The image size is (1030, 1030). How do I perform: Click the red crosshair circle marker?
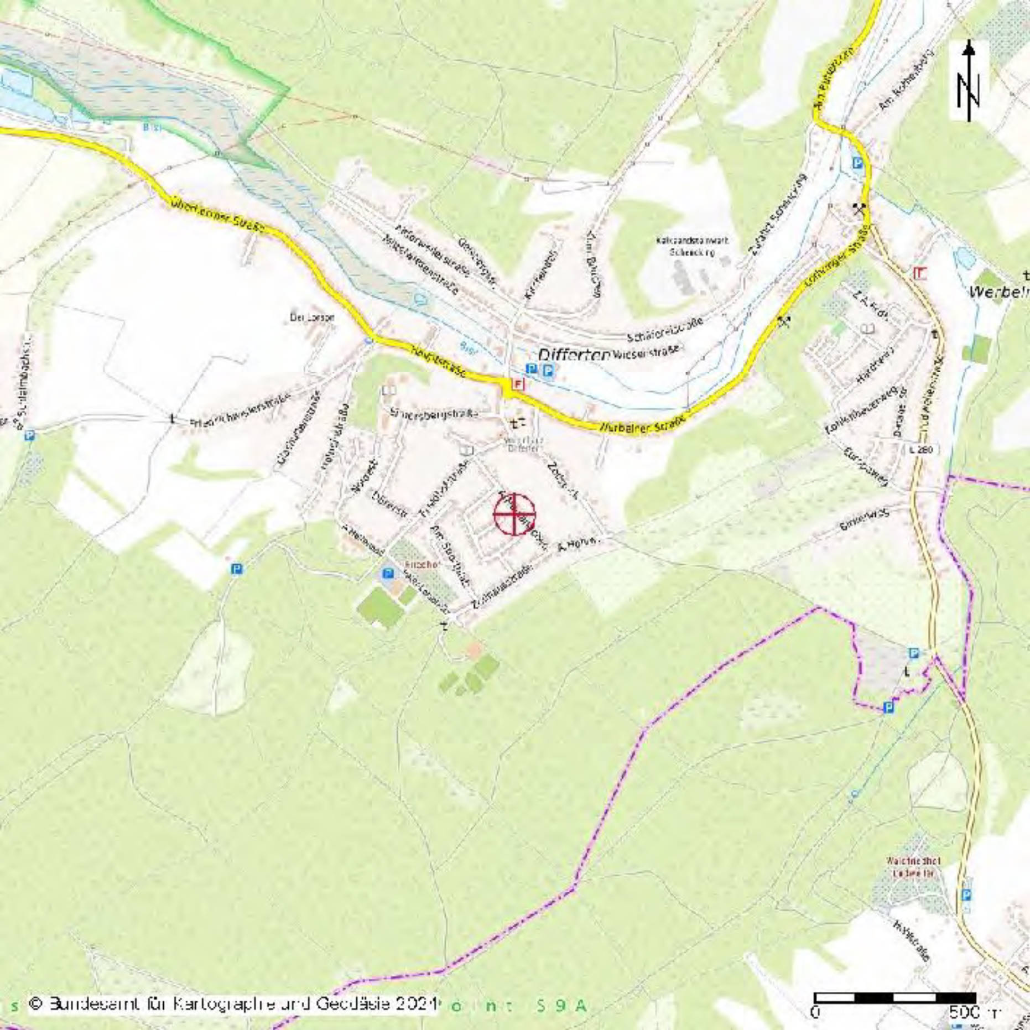(x=514, y=514)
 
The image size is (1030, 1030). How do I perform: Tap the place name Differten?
(x=574, y=355)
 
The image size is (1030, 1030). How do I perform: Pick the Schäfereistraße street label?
(x=665, y=330)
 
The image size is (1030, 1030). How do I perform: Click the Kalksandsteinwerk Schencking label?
(x=692, y=246)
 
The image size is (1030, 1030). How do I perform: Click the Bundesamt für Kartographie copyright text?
(x=232, y=1003)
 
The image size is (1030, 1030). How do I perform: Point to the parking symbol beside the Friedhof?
(x=388, y=573)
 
